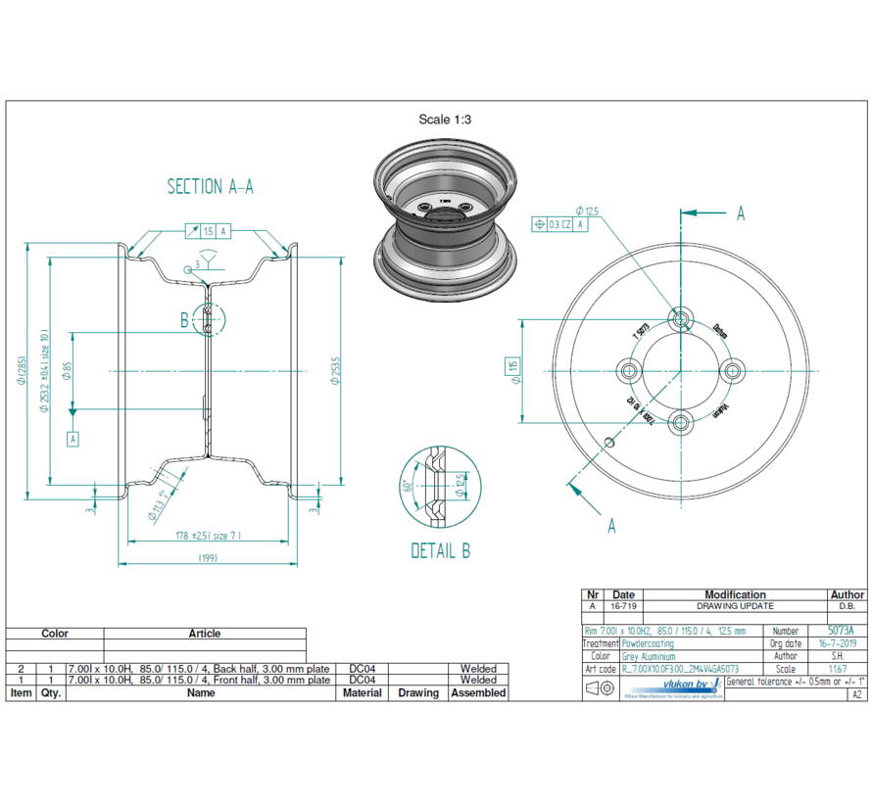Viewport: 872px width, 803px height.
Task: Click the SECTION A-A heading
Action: coord(210,186)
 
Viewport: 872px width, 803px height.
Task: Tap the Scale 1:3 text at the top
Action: coord(446,119)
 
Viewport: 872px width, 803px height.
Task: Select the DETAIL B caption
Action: coord(440,550)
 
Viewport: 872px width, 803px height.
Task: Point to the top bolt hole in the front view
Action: coord(681,318)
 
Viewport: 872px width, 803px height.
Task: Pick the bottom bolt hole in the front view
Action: coord(681,422)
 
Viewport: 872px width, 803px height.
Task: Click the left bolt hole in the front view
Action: coord(629,370)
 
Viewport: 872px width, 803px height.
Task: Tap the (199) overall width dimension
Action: coord(207,559)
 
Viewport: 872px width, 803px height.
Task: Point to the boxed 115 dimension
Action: coord(511,369)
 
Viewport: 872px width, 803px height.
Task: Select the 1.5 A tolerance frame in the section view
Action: coord(208,231)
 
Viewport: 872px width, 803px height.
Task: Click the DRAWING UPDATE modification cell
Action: coord(735,607)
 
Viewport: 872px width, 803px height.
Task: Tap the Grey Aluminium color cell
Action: coord(649,656)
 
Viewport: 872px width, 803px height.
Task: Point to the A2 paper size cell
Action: coord(856,693)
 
